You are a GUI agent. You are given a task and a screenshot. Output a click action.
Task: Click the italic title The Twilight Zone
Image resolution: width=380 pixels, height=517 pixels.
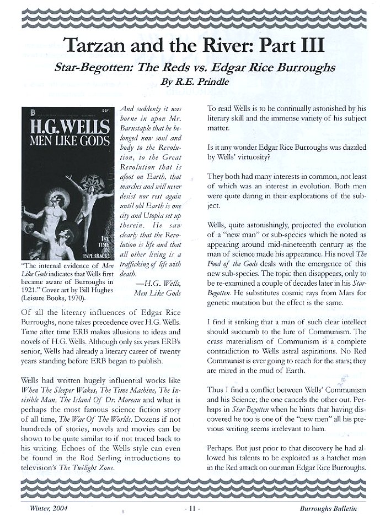tap(89, 467)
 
